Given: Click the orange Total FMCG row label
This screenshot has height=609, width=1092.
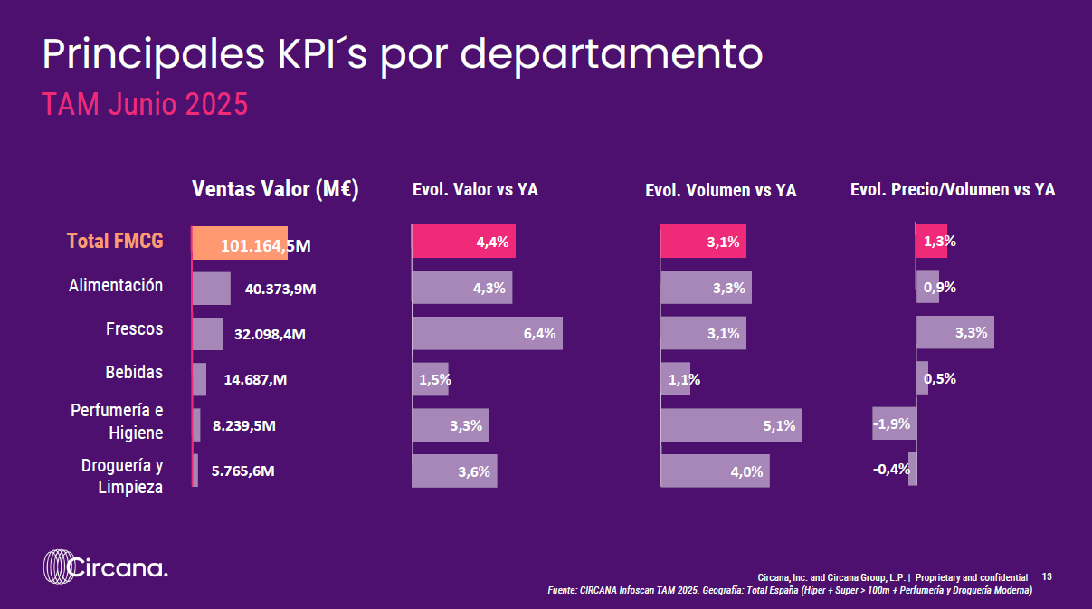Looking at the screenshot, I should click(115, 241).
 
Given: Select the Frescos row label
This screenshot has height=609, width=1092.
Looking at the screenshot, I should click(135, 328).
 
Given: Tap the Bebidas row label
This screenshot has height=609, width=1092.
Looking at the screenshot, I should click(134, 373).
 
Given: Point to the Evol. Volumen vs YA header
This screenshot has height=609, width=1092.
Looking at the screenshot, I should click(720, 190).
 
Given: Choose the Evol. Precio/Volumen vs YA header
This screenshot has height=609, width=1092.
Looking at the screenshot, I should click(953, 189).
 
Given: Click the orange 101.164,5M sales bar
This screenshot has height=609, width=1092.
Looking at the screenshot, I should click(240, 243).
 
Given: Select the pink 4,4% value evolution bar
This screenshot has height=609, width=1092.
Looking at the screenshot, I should click(463, 242).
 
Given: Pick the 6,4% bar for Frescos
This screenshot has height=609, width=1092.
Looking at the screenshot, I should click(487, 333).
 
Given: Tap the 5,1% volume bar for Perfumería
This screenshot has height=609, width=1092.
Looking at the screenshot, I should click(731, 425).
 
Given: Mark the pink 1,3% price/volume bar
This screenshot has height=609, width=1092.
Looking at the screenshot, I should click(932, 242).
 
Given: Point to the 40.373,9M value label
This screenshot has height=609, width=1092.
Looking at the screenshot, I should click(280, 289).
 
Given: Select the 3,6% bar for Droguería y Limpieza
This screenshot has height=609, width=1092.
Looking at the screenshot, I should click(454, 471).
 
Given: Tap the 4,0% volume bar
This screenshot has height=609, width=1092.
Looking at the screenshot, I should click(715, 471).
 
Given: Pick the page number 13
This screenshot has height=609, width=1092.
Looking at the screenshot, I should click(1048, 576).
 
